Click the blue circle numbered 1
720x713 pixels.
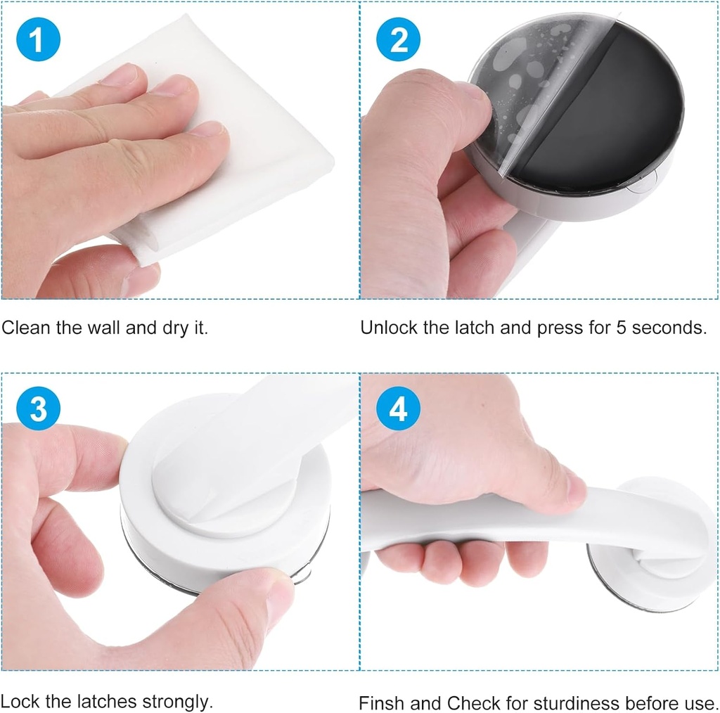(38, 39)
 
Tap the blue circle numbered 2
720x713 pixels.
(398, 39)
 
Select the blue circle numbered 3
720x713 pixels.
(38, 408)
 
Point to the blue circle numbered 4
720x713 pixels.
(398, 408)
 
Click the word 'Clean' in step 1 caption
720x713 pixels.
(26, 328)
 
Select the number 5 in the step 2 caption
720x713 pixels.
(622, 328)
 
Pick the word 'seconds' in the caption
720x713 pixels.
(669, 328)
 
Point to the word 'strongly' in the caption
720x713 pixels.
(176, 702)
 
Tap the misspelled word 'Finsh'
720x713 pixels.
(382, 703)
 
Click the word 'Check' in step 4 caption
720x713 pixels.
(469, 703)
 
